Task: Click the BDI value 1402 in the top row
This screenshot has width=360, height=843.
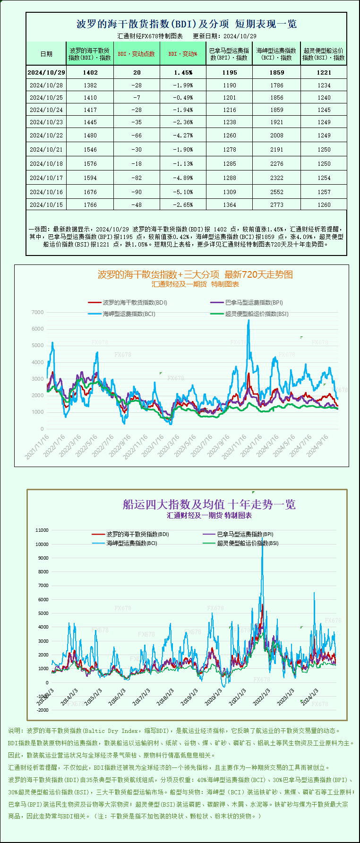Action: pyautogui.click(x=90, y=72)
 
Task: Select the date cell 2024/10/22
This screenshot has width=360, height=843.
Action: pyautogui.click(x=46, y=135)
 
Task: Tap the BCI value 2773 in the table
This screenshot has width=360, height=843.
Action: pyautogui.click(x=277, y=204)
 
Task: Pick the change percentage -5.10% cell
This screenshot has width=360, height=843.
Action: pyautogui.click(x=183, y=192)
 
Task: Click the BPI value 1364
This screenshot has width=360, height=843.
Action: pyautogui.click(x=230, y=204)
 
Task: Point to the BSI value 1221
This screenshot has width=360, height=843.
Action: pyautogui.click(x=324, y=72)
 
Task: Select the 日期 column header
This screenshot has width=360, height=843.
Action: pyautogui.click(x=46, y=54)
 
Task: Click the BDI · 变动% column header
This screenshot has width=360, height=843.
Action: pyautogui.click(x=183, y=54)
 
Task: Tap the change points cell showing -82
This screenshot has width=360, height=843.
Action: pyautogui.click(x=137, y=178)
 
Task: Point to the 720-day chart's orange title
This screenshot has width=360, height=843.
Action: pyautogui.click(x=195, y=274)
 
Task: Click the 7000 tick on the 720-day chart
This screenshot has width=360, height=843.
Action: pyautogui.click(x=38, y=312)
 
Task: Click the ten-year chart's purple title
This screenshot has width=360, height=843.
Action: pyautogui.click(x=209, y=504)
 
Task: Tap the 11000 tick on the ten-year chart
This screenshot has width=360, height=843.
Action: pyautogui.click(x=42, y=530)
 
